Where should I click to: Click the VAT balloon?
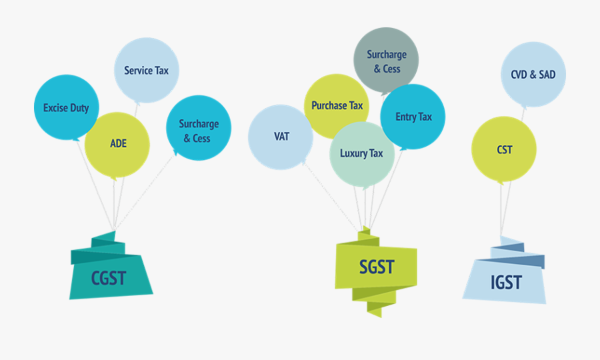(281, 137)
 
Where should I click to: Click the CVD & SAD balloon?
(533, 75)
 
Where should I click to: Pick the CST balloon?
(504, 150)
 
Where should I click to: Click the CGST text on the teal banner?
(108, 277)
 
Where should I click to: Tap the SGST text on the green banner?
(377, 267)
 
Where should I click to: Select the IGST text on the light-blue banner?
(506, 283)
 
